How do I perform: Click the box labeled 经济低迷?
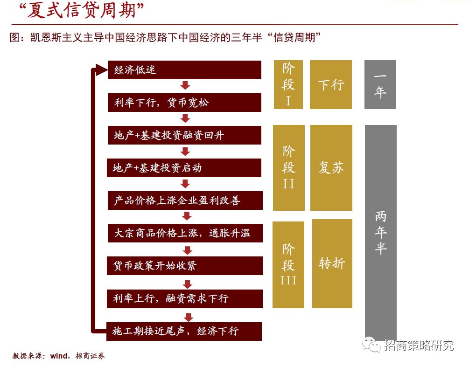coord(185,70)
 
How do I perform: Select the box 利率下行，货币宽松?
coord(185,103)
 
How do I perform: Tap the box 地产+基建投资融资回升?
coord(185,135)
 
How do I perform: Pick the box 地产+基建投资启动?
coord(185,168)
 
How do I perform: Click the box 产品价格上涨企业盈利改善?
coord(185,200)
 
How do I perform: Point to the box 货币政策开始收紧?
coord(185,265)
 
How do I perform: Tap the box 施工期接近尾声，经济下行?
coord(185,331)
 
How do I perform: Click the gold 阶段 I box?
coord(288,84)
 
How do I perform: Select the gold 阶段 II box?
coord(288,167)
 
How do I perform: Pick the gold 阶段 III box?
coord(288,264)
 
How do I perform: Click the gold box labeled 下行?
coord(331,84)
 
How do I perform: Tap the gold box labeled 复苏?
coord(331,167)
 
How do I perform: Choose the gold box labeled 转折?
coord(332,263)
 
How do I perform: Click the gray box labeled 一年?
coord(380,84)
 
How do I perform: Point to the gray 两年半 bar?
coord(380,232)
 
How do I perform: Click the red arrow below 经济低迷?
coord(185,86)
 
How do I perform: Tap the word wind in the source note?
coord(59,356)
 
